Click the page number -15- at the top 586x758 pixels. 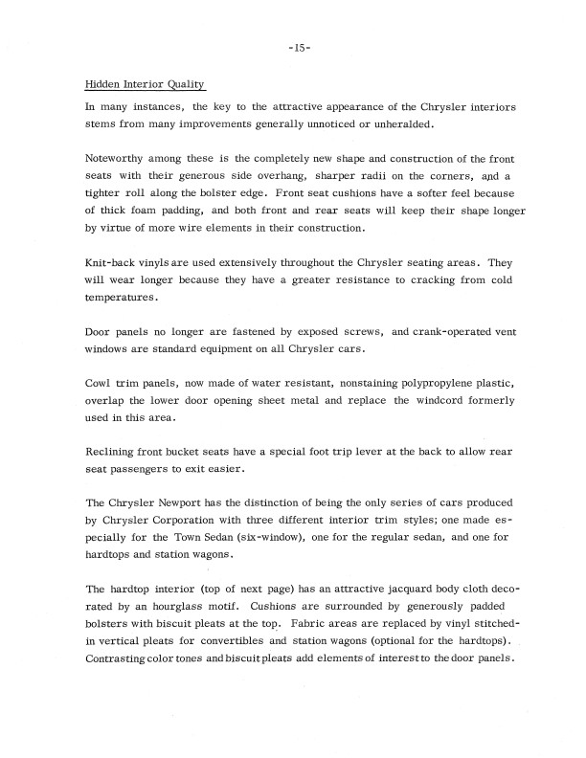(293, 50)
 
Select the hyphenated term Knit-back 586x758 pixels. (112, 262)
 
